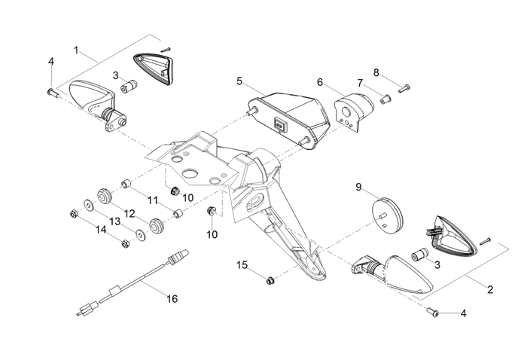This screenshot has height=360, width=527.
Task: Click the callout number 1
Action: pos(76,50)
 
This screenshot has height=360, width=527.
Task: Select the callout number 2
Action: pos(490,289)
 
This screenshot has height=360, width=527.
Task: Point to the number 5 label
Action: pos(239,81)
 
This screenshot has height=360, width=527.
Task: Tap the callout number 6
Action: pos(319,82)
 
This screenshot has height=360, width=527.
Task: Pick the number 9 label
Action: pos(380,186)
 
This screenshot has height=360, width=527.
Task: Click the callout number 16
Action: pos(172,299)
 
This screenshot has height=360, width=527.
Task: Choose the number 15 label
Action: pos(242,265)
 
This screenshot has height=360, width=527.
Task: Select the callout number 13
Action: pos(115,221)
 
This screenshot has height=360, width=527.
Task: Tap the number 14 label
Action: pos(101,229)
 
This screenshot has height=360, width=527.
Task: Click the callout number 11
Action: pos(153,200)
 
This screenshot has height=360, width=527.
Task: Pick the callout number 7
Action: pos(360,82)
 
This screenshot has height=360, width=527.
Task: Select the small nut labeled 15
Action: pos(270,281)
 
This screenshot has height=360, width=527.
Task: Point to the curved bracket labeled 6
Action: pos(352,112)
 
